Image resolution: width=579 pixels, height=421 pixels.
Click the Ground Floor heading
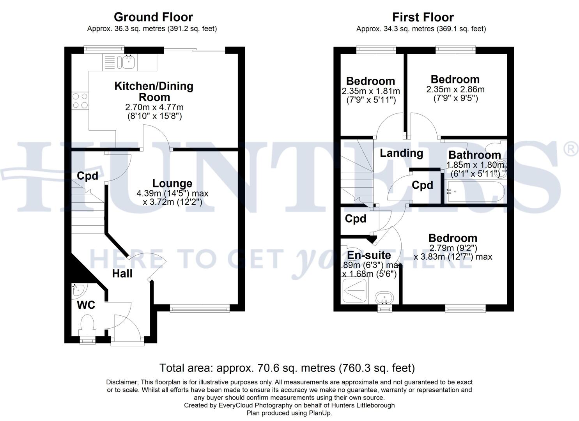(153, 17)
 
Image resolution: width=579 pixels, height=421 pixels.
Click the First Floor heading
(423, 18)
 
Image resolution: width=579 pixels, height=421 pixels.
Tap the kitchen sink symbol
(128, 61)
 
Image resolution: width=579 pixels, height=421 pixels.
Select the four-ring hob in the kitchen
(80, 101)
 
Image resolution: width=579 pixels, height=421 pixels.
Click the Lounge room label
(172, 183)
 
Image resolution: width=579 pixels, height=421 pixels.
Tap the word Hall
(122, 274)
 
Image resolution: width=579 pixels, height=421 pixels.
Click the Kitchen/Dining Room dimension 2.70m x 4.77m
(154, 107)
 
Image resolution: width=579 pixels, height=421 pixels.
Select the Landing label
(401, 153)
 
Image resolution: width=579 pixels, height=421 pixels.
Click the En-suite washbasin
(384, 299)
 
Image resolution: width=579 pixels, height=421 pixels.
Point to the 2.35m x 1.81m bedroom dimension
(370, 91)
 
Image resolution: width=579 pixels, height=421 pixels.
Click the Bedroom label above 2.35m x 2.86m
(455, 80)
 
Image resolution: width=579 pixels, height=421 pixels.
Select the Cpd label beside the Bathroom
(422, 185)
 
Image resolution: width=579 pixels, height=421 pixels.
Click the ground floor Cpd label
(87, 176)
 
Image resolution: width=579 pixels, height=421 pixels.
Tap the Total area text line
(287, 368)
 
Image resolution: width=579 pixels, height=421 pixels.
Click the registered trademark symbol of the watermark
(571, 149)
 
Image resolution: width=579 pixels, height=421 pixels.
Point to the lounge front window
(200, 309)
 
